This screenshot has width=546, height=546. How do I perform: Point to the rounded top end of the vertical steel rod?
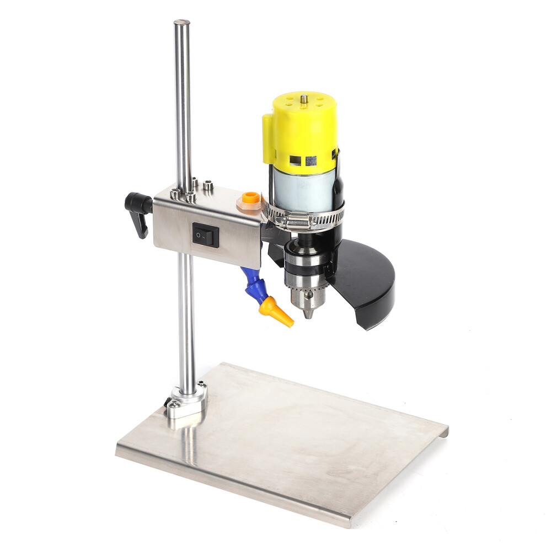[181, 24]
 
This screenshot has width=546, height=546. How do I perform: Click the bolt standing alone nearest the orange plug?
[208, 186]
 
